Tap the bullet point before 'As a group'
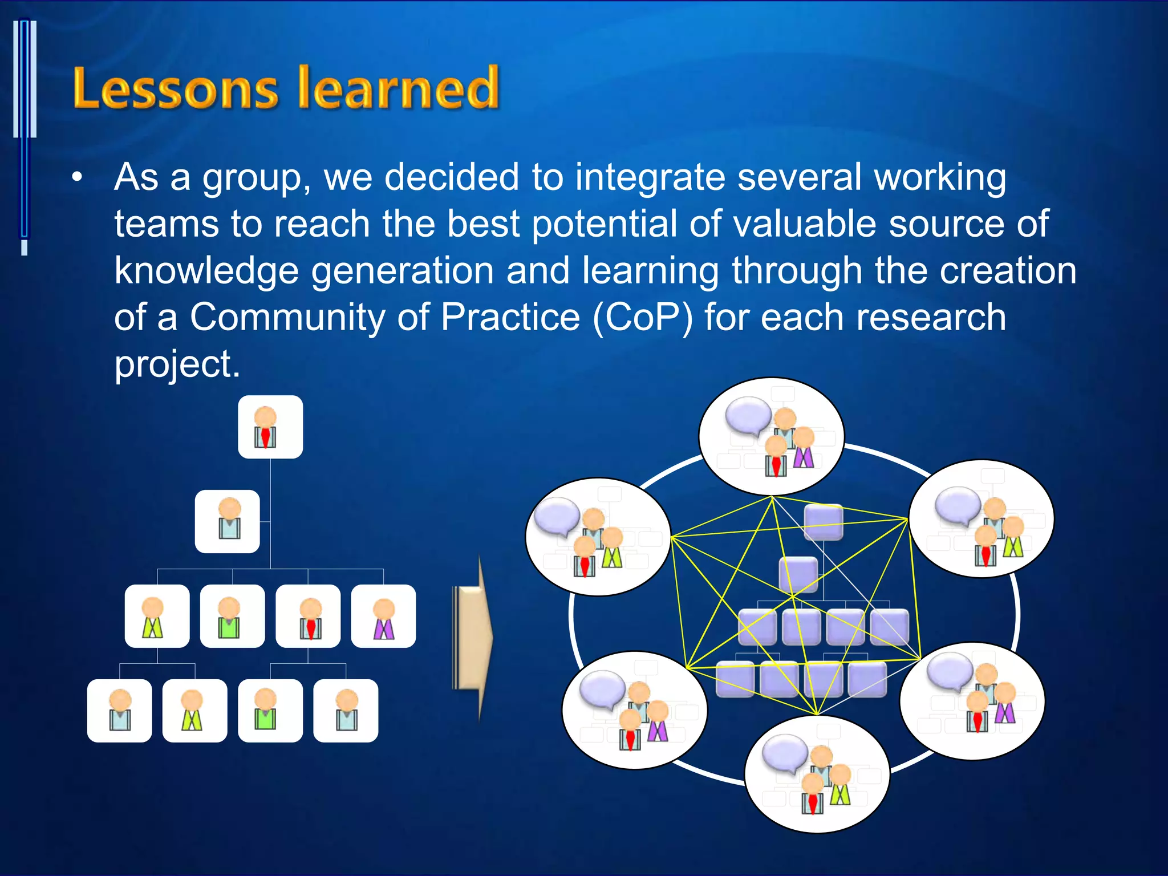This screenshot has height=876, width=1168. [77, 177]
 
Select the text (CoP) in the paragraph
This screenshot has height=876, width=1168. [643, 317]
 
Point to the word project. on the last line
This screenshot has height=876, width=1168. [177, 364]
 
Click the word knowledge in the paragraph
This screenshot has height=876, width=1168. [206, 270]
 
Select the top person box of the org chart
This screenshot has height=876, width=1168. [270, 427]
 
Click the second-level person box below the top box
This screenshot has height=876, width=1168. [228, 521]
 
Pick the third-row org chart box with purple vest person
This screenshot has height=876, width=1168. [383, 616]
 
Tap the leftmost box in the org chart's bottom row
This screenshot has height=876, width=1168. [120, 711]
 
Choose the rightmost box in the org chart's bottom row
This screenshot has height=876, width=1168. [346, 711]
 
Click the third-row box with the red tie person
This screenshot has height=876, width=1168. [308, 616]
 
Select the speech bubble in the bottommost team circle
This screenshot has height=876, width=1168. [784, 752]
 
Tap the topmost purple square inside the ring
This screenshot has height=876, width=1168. [824, 521]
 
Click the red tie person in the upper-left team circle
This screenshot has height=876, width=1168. [585, 558]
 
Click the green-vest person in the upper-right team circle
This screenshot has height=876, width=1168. [1013, 537]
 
